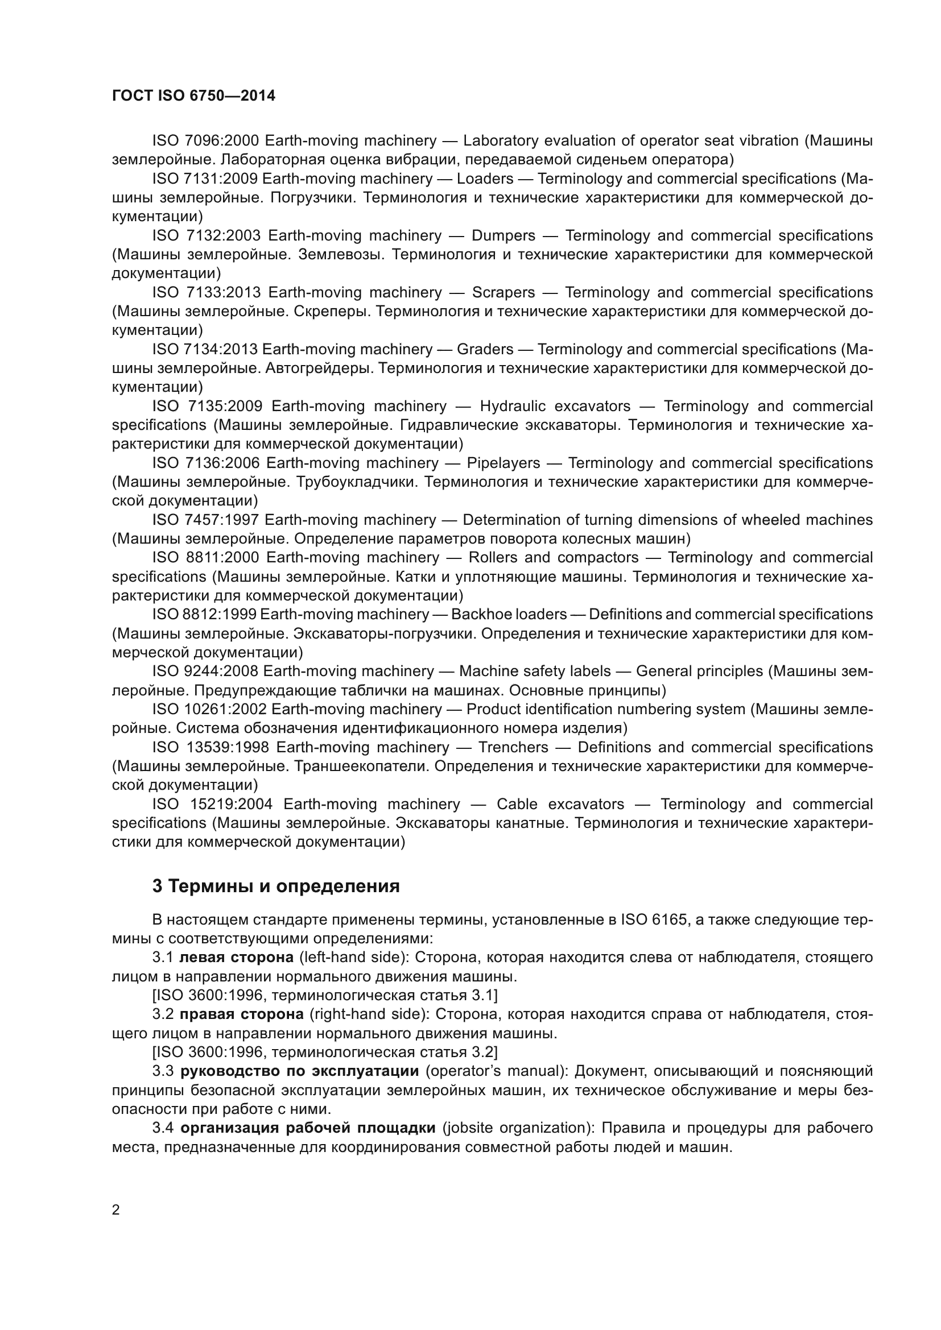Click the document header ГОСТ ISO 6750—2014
[x=193, y=96]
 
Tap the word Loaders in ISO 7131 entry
[x=485, y=179]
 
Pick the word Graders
[x=485, y=349]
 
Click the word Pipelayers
[x=503, y=463]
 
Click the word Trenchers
[x=513, y=747]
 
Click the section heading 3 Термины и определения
[x=276, y=886]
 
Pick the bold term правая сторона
[x=242, y=1014]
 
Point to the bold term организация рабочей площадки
[x=308, y=1128]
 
